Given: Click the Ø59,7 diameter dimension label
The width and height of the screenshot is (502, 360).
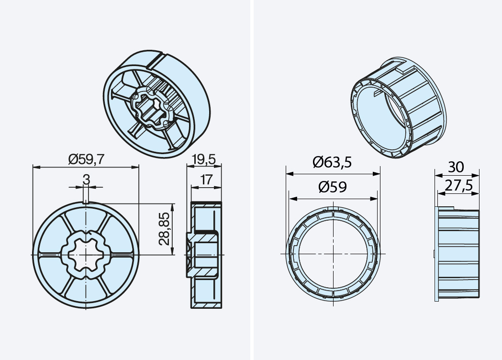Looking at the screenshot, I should (x=86, y=159).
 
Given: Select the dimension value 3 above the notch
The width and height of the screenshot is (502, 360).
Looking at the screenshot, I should (x=86, y=180).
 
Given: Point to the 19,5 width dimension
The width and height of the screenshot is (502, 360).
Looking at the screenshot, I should (x=204, y=159).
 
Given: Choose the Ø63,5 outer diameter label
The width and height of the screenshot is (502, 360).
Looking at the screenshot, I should (x=332, y=163).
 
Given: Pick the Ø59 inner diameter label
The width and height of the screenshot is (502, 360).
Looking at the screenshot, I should (x=333, y=188).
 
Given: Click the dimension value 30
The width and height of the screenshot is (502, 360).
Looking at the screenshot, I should (x=456, y=167).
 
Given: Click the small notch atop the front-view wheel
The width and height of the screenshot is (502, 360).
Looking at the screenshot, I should (x=85, y=202).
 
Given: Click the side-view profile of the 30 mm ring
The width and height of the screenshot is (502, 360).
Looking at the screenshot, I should (x=457, y=254).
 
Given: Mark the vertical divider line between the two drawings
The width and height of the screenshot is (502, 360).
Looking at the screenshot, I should (x=251, y=180).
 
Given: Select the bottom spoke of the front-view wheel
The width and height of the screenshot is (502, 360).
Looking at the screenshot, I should (x=85, y=292).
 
